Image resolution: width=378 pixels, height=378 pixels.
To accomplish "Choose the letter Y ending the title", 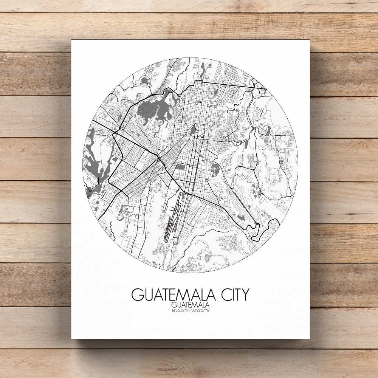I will pos(245,294).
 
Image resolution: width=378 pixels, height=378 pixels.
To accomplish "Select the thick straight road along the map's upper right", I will pos(231,84).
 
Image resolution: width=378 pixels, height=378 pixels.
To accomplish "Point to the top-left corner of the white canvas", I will pos(71,40).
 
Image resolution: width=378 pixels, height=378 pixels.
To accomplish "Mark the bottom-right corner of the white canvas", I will pos(309,338).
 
